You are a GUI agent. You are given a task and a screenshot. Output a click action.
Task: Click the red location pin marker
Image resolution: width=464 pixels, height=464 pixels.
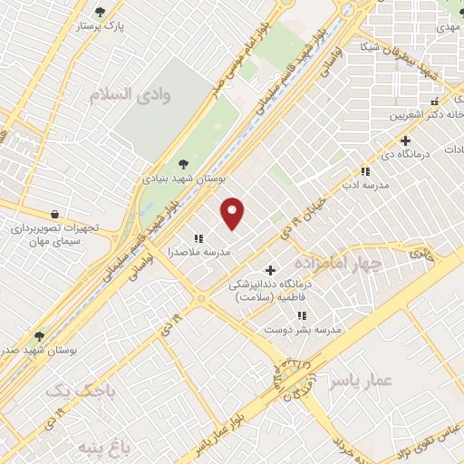pos(233,212)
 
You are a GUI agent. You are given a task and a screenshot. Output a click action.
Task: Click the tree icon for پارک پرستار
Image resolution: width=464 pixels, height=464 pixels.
pos(100,13)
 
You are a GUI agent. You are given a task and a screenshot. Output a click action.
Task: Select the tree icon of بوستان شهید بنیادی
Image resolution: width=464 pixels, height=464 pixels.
pos(185,163)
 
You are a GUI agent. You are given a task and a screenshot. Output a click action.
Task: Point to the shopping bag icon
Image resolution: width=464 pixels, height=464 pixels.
pos(56,214)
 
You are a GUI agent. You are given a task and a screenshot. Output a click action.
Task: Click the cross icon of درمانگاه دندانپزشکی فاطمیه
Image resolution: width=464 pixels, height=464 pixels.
pos(270,269)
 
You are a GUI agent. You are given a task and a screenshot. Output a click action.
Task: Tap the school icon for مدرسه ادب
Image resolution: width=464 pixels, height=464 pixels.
pos(365,170)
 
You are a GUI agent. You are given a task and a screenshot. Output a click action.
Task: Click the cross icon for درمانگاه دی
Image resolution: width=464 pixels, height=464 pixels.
pos(405,140)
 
